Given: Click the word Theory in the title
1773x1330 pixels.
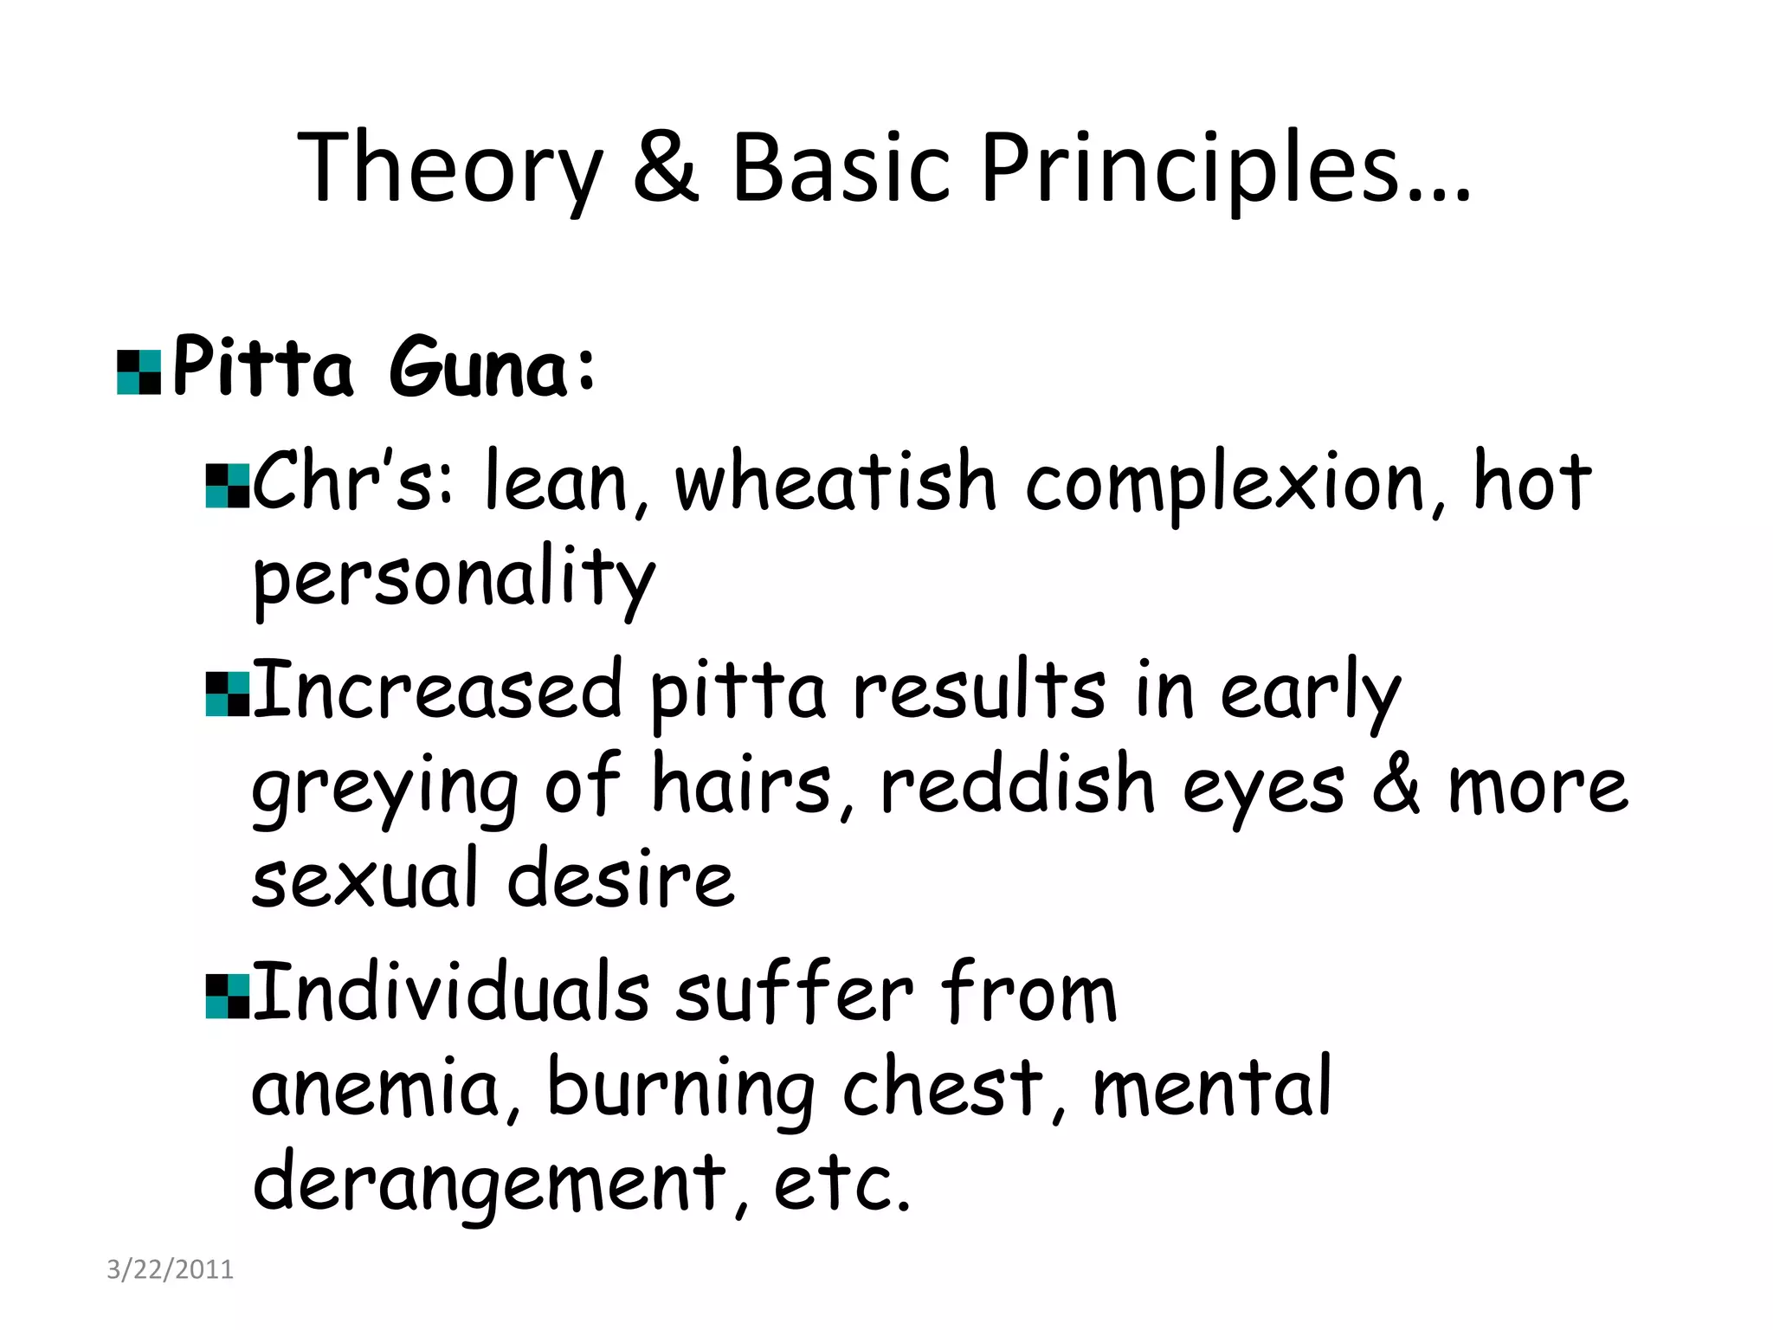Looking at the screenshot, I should pos(449,169).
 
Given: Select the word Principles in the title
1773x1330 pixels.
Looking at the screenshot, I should pos(1225,169).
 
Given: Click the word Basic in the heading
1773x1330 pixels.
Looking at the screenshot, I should pos(841,169).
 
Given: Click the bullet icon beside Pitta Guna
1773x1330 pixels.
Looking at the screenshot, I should pos(139,372).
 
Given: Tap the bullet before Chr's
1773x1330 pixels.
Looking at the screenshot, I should pos(228,486).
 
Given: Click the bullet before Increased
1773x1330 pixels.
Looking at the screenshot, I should pos(228,694).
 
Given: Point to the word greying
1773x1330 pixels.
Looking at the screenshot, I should pos(384,788).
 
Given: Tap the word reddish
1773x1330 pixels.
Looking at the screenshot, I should pos(1018,784).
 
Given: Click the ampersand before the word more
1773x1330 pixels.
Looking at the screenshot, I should pos(1396,784).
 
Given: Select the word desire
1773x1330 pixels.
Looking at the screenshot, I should pos(620,879).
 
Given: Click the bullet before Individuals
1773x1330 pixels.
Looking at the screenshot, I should pos(228,996).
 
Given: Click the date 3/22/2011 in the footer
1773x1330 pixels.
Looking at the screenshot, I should pos(170,1269).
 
